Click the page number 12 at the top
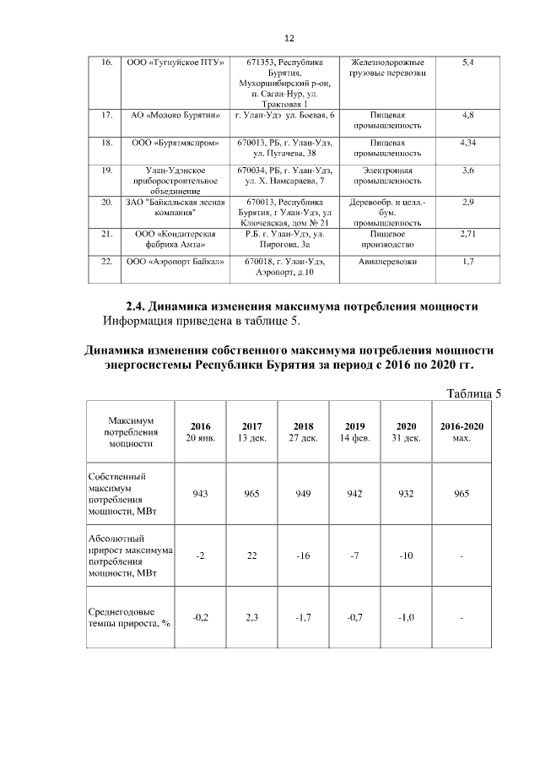pos(289,39)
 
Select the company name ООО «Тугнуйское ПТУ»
pos(175,63)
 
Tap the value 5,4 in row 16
pos(469,63)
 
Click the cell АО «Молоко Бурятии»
pos(175,115)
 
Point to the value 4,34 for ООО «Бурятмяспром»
pos(469,144)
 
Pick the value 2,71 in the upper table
pos(469,232)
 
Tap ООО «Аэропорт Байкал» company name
pos(175,262)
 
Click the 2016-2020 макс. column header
pos(462,432)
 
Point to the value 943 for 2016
pos(201,493)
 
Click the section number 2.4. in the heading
pos(139,306)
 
